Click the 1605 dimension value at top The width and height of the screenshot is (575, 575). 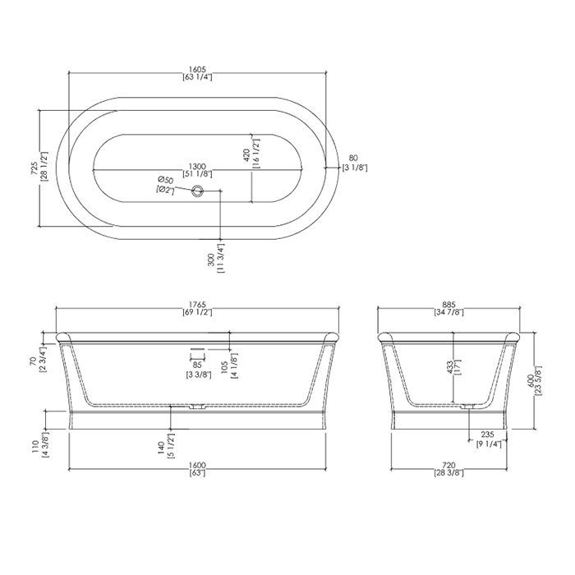click(x=197, y=69)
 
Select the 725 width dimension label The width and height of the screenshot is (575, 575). click(x=34, y=168)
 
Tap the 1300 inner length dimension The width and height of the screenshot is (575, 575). click(x=197, y=166)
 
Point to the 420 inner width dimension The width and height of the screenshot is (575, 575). click(x=246, y=154)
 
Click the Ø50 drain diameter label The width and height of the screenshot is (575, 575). click(x=165, y=180)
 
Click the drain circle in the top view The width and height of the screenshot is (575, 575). click(x=198, y=190)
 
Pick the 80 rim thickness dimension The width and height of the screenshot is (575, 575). click(x=352, y=159)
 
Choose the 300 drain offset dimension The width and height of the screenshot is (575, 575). click(x=212, y=260)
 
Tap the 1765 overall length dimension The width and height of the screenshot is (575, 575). click(x=197, y=305)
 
